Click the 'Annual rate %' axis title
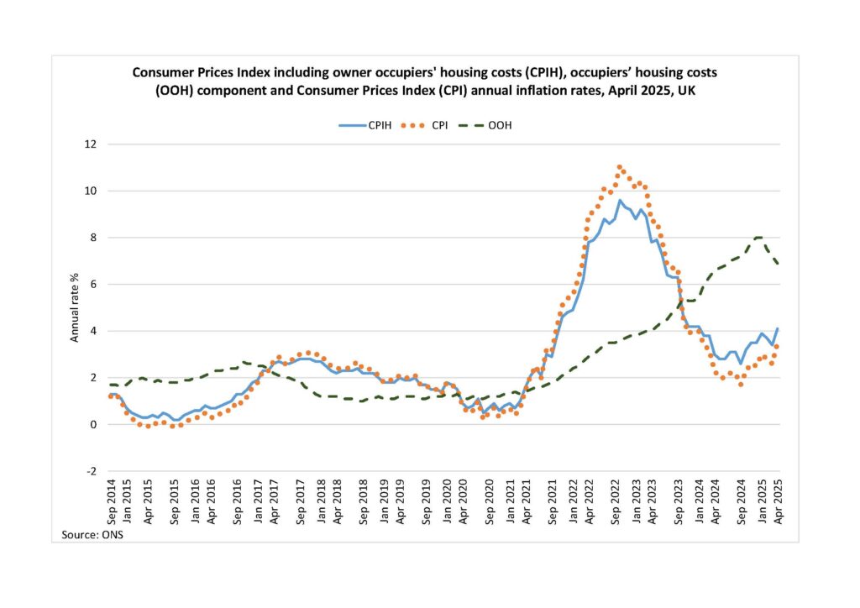tap(74, 307)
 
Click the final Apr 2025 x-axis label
tap(778, 503)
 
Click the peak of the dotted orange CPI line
tap(620, 166)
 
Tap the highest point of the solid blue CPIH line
tap(620, 200)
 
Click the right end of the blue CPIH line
tap(778, 328)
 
